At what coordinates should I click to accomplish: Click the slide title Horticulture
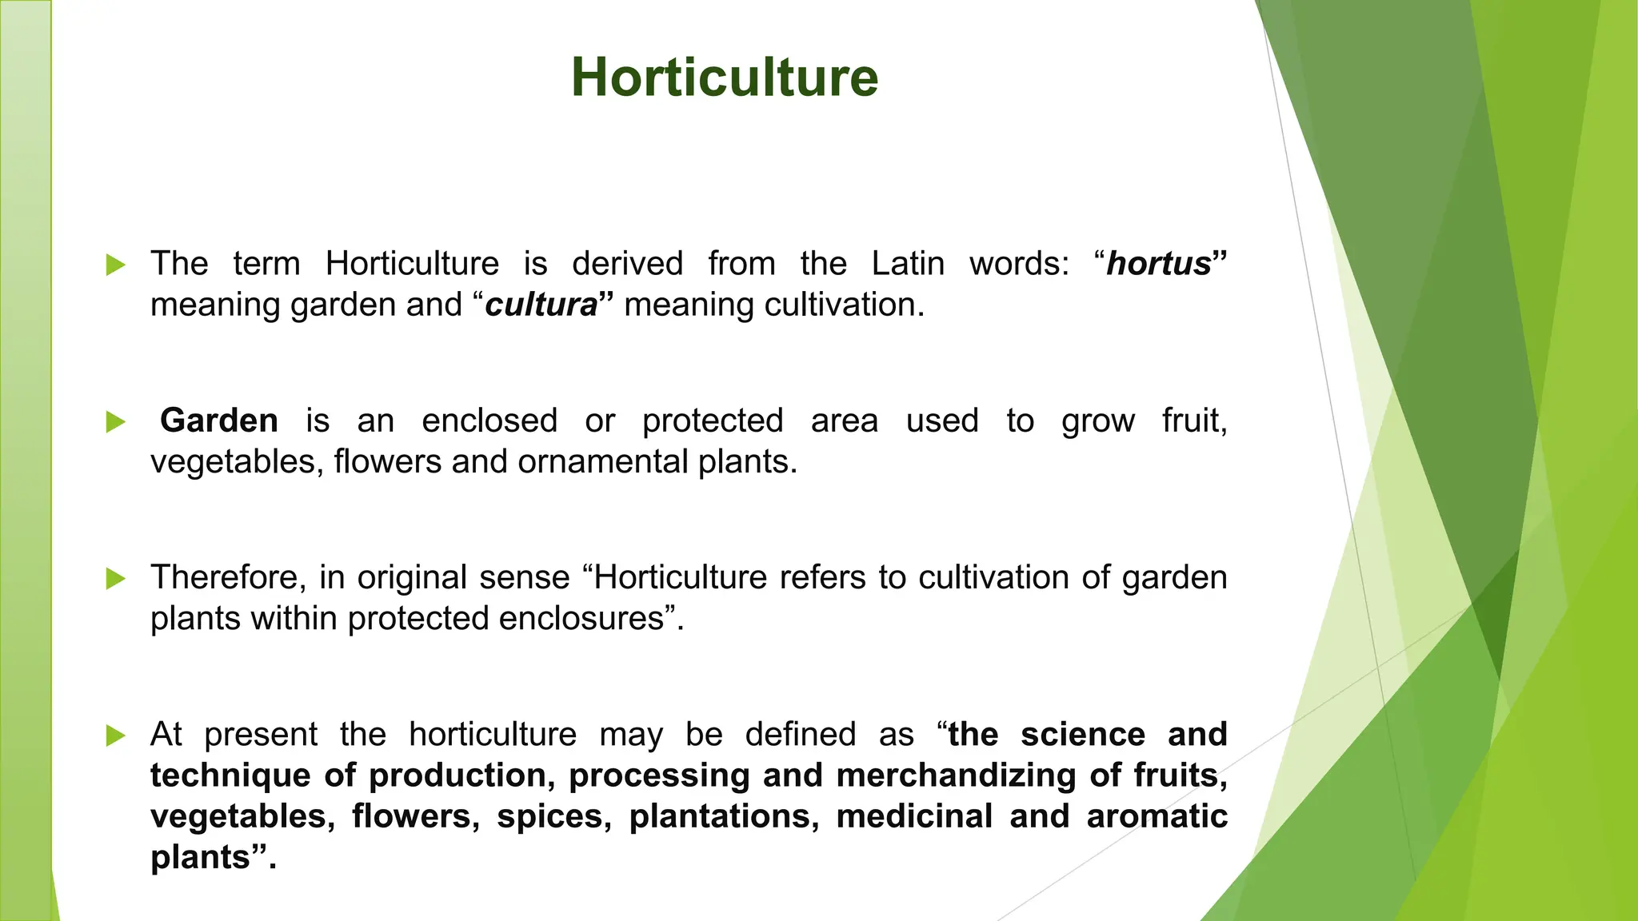[725, 78]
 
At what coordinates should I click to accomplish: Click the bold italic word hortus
[1159, 264]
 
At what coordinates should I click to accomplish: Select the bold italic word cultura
[541, 305]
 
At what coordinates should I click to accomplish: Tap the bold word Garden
[219, 421]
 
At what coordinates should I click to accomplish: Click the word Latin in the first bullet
[908, 264]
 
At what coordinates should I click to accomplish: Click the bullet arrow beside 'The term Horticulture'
[116, 265]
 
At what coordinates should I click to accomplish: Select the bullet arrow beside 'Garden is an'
[116, 421]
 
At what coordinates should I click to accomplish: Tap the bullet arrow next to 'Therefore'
[116, 578]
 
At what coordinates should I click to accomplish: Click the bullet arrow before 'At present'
[116, 735]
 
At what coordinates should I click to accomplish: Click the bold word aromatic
[1157, 816]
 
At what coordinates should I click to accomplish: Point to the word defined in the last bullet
[801, 735]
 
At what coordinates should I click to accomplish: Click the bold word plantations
[724, 816]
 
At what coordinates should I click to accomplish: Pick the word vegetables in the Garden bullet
[237, 462]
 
